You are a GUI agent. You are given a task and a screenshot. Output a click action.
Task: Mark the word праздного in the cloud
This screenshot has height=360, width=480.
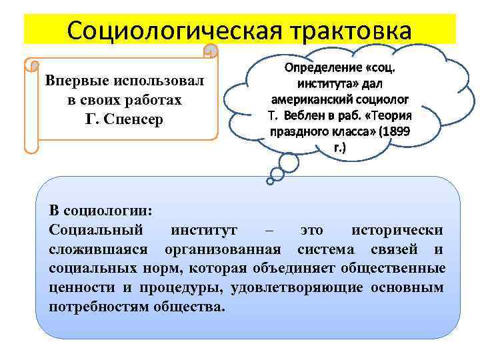(294, 131)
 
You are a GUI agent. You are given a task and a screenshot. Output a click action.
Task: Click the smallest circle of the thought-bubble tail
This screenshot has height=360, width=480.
(271, 178)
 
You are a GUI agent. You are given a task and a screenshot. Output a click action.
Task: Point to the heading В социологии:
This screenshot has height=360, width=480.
(101, 210)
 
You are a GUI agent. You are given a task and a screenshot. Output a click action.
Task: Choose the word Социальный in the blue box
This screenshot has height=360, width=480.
(96, 230)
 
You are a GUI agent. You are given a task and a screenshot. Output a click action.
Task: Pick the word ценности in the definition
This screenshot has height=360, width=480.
(75, 288)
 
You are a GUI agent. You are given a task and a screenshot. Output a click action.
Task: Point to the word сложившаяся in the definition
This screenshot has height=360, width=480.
(97, 249)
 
